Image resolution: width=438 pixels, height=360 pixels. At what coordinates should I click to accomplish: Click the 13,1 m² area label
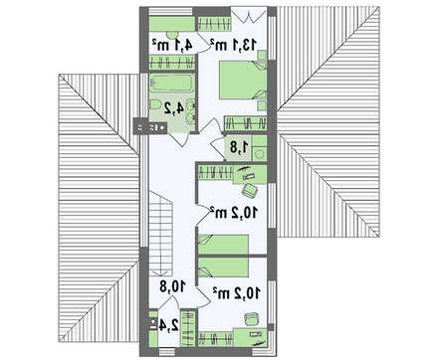233,45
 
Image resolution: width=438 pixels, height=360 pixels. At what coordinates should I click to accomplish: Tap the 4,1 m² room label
172,45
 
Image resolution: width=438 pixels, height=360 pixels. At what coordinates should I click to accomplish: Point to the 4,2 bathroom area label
174,108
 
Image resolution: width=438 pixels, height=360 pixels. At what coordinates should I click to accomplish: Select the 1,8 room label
238,148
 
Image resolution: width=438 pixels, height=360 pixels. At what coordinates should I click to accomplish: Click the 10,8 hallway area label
173,286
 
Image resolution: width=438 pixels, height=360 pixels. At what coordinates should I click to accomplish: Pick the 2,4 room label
168,325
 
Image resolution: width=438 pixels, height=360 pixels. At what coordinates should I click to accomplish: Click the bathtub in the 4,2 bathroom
171,83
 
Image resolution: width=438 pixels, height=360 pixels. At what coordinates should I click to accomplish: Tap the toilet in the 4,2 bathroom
154,105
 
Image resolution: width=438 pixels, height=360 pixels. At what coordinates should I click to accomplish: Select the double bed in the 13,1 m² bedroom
243,81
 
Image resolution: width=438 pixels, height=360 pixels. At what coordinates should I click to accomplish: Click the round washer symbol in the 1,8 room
260,154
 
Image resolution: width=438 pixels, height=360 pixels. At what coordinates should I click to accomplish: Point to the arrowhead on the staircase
160,273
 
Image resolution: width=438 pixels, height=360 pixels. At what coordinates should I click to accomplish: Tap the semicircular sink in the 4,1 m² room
172,34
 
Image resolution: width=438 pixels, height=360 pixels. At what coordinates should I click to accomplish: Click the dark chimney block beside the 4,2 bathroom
149,126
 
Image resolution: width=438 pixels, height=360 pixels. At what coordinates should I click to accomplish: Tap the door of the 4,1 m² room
204,42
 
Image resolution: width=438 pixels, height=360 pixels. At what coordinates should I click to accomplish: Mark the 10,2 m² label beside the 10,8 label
237,292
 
